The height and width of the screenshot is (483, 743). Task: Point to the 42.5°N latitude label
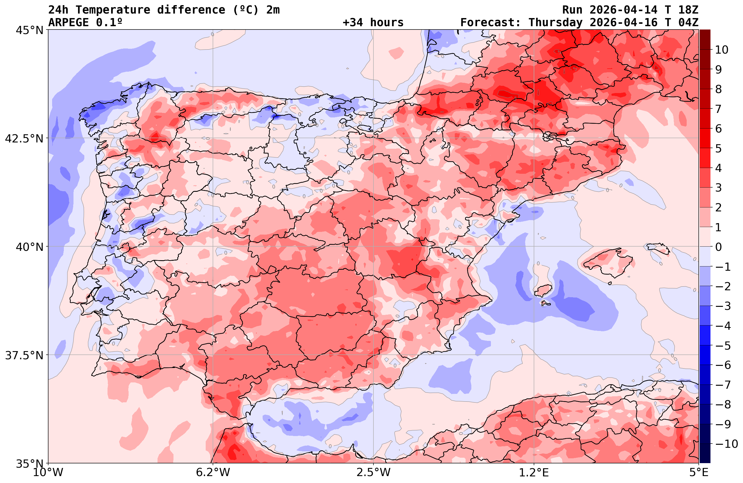tap(24, 139)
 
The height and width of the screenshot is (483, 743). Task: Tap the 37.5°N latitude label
tap(24, 355)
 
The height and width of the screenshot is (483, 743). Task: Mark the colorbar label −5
tap(723, 346)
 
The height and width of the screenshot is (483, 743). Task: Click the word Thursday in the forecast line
tap(555, 23)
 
